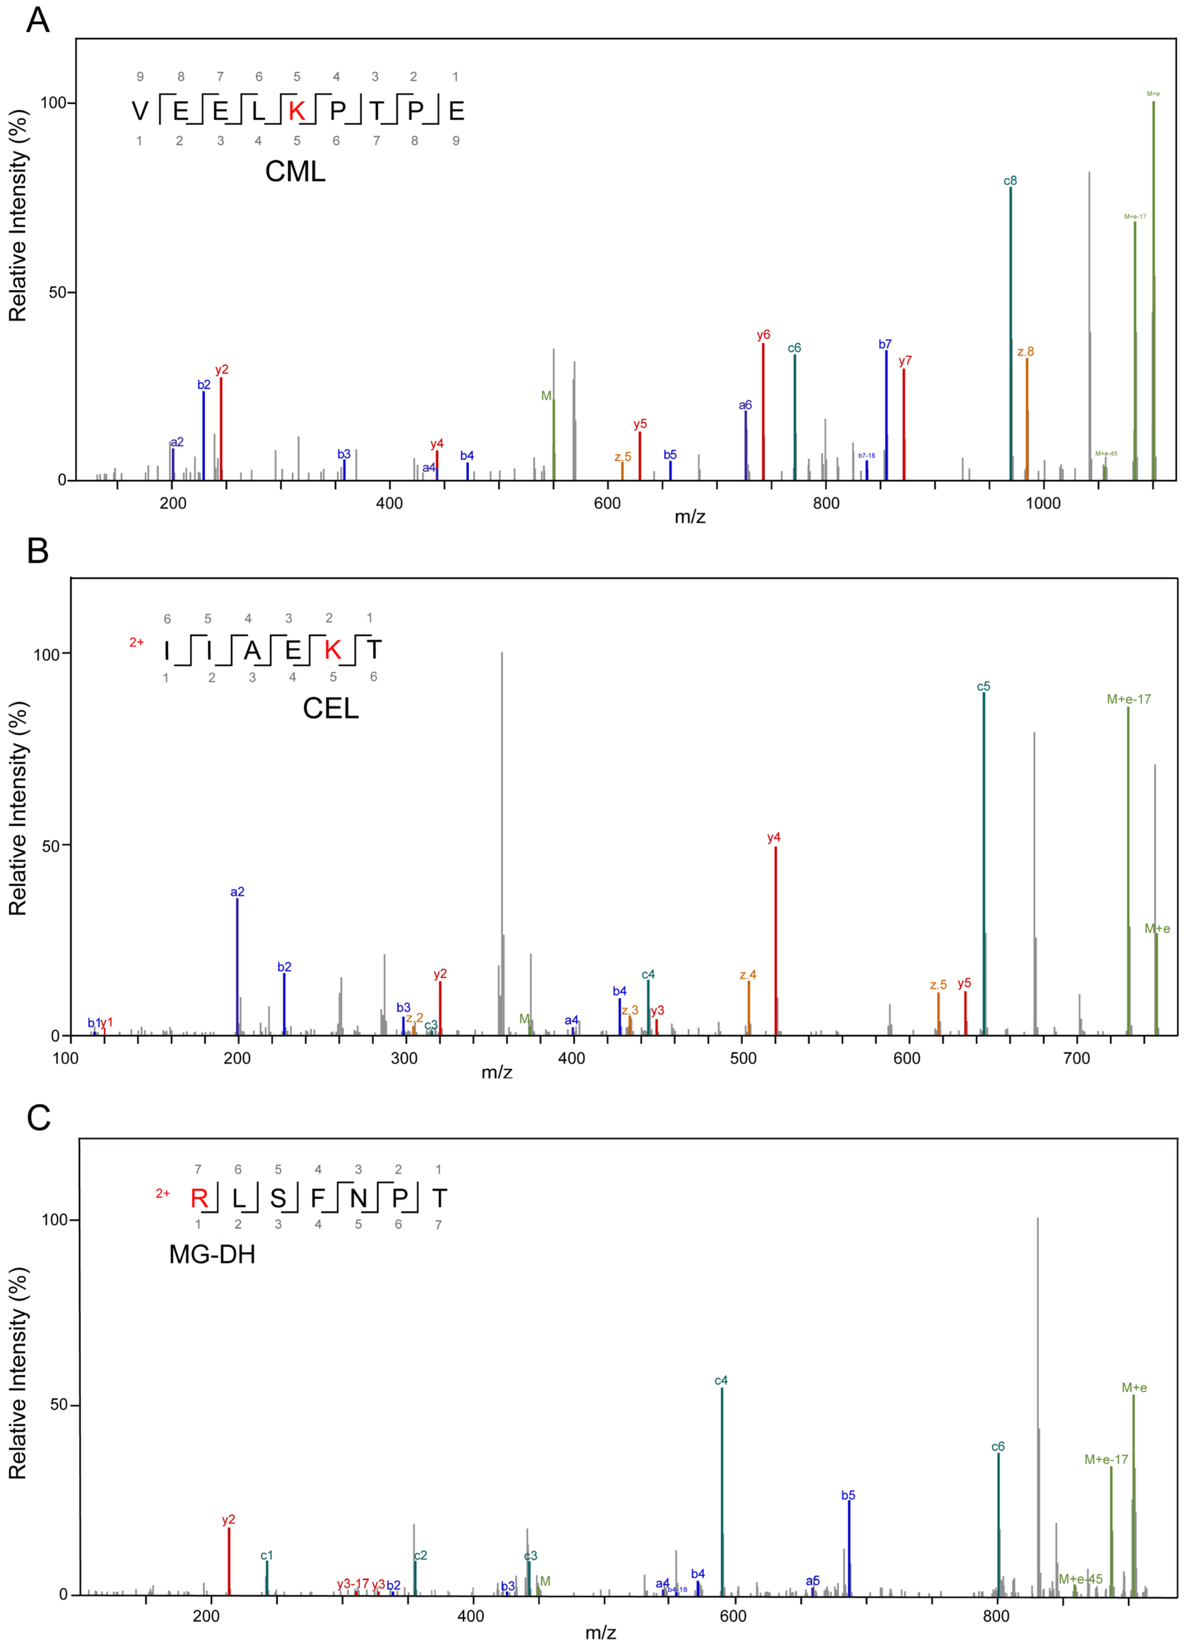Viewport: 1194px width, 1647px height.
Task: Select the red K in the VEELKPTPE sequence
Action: click(296, 111)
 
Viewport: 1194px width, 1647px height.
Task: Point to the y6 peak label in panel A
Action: click(763, 335)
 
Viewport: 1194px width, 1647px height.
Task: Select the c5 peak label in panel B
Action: click(983, 686)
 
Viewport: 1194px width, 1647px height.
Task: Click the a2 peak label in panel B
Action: click(237, 892)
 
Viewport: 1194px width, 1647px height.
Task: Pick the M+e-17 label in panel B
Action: click(1129, 699)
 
